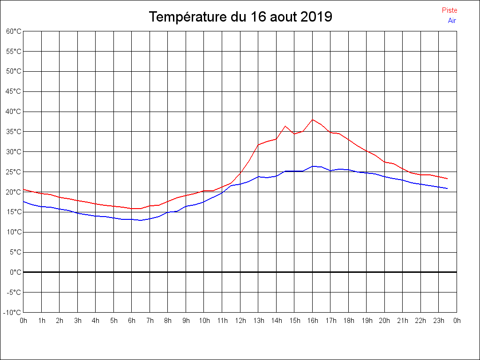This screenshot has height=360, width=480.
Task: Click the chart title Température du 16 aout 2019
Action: pos(240,17)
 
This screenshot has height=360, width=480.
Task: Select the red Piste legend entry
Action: pos(450,10)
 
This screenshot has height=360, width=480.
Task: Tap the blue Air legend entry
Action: pos(452,21)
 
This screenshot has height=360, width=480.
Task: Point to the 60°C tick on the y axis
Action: pos(14,31)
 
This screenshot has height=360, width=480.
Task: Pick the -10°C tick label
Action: pos(13,313)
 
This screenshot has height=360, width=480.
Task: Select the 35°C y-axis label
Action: pos(14,132)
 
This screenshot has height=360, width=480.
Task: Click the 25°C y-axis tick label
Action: pos(14,172)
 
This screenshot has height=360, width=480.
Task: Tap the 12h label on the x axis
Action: pos(240,321)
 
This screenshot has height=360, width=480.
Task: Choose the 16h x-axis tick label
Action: pos(312,321)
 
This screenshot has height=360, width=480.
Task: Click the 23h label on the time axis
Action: pos(439,321)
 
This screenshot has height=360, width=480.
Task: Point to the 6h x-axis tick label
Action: pos(132,321)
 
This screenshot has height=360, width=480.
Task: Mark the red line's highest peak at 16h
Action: pos(313,120)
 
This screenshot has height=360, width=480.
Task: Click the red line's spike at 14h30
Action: pos(285,126)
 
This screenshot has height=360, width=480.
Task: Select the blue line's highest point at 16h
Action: pos(313,166)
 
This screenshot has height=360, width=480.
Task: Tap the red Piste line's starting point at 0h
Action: pos(24,189)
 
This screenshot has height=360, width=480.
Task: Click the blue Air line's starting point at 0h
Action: pos(24,202)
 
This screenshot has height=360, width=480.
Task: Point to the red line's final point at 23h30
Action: pos(447,179)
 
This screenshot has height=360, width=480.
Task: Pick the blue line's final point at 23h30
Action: pos(447,188)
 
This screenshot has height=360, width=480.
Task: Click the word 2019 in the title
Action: pos(316,17)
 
